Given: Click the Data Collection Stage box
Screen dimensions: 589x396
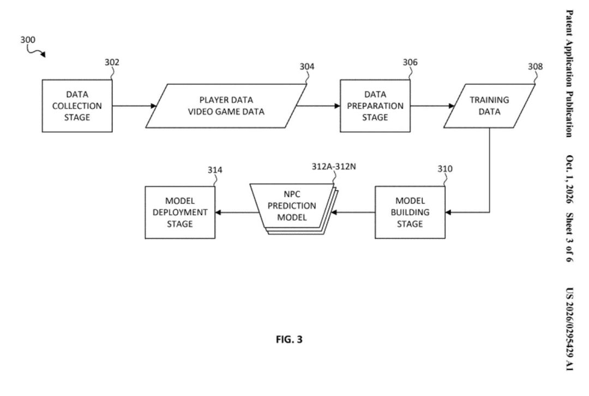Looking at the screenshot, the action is tap(77, 106).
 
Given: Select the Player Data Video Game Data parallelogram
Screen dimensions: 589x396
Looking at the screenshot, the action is tap(226, 106).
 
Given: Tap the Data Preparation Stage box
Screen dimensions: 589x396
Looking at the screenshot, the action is tap(375, 106).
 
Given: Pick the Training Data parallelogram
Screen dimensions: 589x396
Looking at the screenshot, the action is tap(489, 106).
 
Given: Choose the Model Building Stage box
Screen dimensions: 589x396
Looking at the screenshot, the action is tap(410, 212).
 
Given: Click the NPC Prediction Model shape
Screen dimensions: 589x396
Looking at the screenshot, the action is tap(293, 208).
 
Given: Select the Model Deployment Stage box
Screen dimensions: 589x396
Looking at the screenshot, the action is tap(180, 212).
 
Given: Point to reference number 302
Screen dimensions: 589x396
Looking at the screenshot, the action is tap(112, 62).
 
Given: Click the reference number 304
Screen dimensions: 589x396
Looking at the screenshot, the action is tap(307, 66).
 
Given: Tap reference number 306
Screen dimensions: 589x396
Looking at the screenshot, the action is tap(410, 62).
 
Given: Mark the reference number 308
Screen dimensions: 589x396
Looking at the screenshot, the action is tap(536, 66).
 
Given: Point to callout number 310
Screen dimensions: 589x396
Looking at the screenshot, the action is tap(445, 169).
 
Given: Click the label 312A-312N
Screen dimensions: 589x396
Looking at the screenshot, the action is tap(334, 166).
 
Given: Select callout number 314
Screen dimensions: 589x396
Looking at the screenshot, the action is tap(215, 170).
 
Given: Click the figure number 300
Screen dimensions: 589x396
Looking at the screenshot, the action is tap(28, 40).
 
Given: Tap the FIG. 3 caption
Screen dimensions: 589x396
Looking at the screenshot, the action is tap(289, 339).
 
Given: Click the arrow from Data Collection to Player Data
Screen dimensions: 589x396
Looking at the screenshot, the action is tap(134, 106).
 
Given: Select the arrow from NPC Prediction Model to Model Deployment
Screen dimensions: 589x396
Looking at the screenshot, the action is tap(237, 212).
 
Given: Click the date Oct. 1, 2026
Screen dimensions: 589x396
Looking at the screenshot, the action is tap(569, 179).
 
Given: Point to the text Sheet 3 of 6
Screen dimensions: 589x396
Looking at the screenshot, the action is tap(569, 237).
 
